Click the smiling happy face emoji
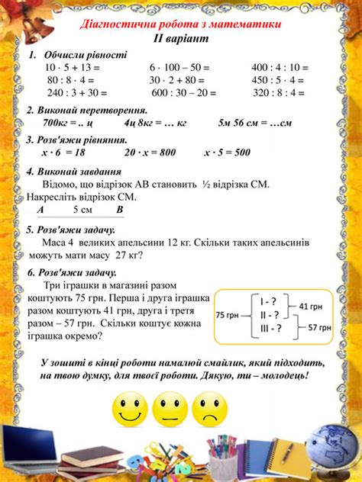[x=131, y=411]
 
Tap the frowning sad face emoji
[x=211, y=411]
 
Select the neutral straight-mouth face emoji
[x=170, y=411]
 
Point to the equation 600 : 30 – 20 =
[x=183, y=93]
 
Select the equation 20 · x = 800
[x=150, y=152]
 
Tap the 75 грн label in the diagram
[x=228, y=314]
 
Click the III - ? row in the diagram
[x=271, y=329]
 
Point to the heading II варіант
[x=181, y=37]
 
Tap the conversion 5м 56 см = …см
[x=256, y=122]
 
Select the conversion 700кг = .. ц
[x=68, y=122]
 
